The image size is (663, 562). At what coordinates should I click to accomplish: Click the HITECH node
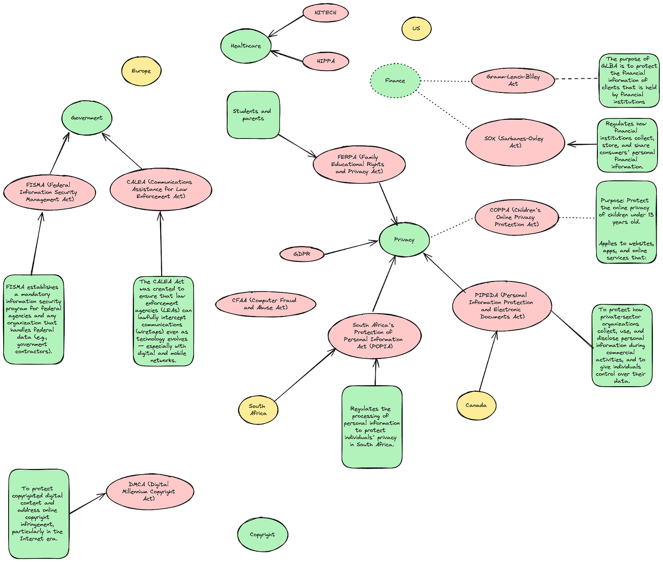click(325, 13)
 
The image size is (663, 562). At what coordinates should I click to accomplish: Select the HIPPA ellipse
click(326, 61)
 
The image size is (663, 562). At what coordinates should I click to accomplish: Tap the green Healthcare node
click(246, 46)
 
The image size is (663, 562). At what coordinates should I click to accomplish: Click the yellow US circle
click(416, 28)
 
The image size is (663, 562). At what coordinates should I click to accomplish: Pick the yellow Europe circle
click(142, 71)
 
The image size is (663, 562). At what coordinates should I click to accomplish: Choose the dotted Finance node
click(395, 81)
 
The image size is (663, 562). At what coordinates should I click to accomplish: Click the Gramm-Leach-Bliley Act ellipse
click(513, 80)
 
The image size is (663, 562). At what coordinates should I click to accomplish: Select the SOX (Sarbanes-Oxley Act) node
click(515, 142)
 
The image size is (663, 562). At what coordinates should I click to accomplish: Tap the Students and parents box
click(253, 115)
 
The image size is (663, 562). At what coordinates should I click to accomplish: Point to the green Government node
click(87, 118)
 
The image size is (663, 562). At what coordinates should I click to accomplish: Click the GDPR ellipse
click(302, 254)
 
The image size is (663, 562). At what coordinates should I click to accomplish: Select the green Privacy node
click(404, 240)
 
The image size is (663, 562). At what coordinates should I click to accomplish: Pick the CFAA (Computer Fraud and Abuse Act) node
click(265, 304)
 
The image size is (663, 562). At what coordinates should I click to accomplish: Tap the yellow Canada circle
click(476, 405)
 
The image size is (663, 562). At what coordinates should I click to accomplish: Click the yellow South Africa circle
click(258, 409)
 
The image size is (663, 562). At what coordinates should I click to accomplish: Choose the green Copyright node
click(262, 535)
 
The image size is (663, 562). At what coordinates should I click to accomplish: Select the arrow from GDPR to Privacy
click(351, 248)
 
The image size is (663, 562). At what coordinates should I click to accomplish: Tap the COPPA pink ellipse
click(516, 217)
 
